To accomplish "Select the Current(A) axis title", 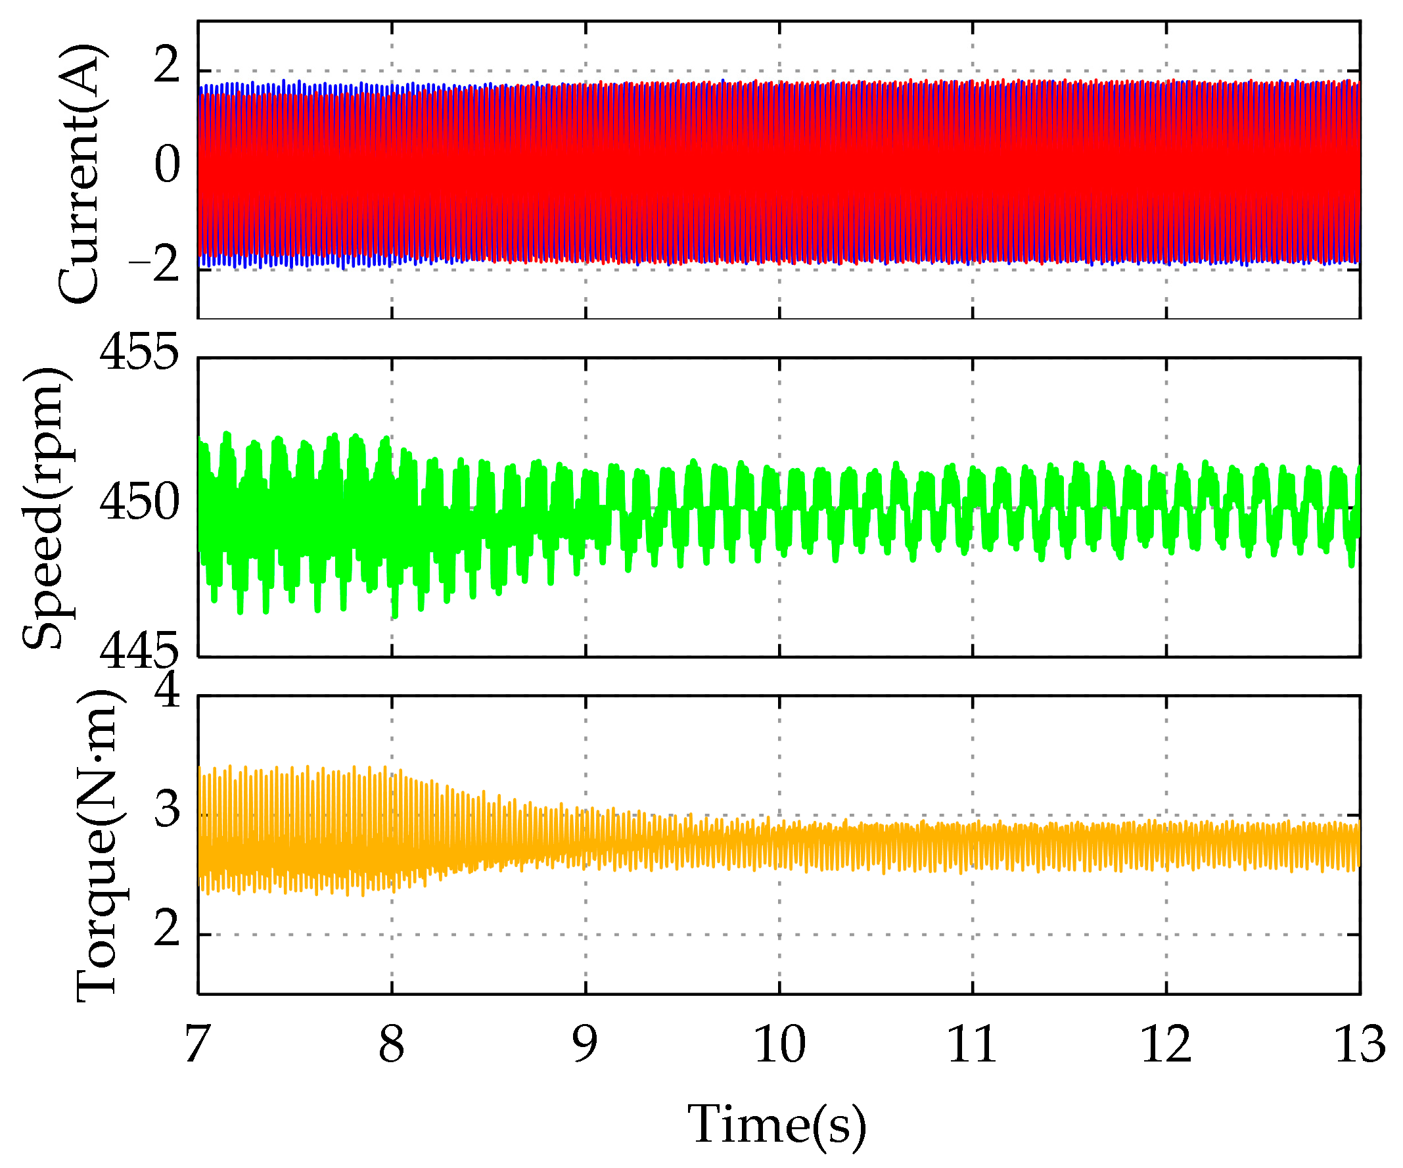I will pyautogui.click(x=79, y=174).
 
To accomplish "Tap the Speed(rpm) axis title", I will pyautogui.click(x=45, y=508).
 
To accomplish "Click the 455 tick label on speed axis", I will pyautogui.click(x=139, y=352).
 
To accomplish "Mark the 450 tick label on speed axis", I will pyautogui.click(x=139, y=502).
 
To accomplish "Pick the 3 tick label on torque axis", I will pyautogui.click(x=167, y=809).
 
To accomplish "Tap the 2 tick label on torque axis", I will pyautogui.click(x=167, y=928).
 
